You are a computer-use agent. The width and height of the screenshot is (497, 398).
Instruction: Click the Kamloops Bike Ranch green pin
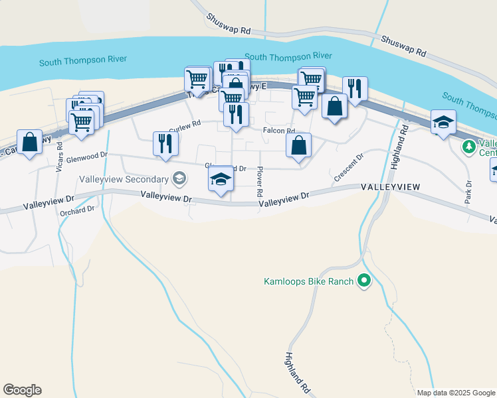pyautogui.click(x=363, y=281)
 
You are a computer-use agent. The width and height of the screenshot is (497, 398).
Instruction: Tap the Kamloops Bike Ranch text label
pyautogui.click(x=308, y=281)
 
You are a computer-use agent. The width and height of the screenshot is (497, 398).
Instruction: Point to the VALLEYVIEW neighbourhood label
pyautogui.click(x=391, y=188)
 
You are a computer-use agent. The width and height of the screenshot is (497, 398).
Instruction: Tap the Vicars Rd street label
pyautogui.click(x=59, y=160)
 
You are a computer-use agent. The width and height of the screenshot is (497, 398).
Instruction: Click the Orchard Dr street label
pyautogui.click(x=78, y=210)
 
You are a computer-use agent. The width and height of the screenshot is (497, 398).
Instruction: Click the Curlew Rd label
pyautogui.click(x=185, y=125)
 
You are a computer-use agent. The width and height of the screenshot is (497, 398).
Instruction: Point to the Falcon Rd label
pyautogui.click(x=278, y=131)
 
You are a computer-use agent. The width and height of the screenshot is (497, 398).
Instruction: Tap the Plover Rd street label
pyautogui.click(x=260, y=181)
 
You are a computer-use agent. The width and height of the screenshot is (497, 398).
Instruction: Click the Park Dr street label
pyautogui.click(x=468, y=191)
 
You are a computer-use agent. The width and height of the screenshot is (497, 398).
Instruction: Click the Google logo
pyautogui.click(x=22, y=390)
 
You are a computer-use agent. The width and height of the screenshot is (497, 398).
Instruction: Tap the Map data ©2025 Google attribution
pyautogui.click(x=456, y=393)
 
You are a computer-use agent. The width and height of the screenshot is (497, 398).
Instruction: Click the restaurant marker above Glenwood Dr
pyautogui.click(x=165, y=143)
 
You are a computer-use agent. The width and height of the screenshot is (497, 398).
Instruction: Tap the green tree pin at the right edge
pyautogui.click(x=468, y=146)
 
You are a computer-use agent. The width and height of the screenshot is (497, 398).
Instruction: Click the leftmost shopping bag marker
pyautogui.click(x=29, y=141)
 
